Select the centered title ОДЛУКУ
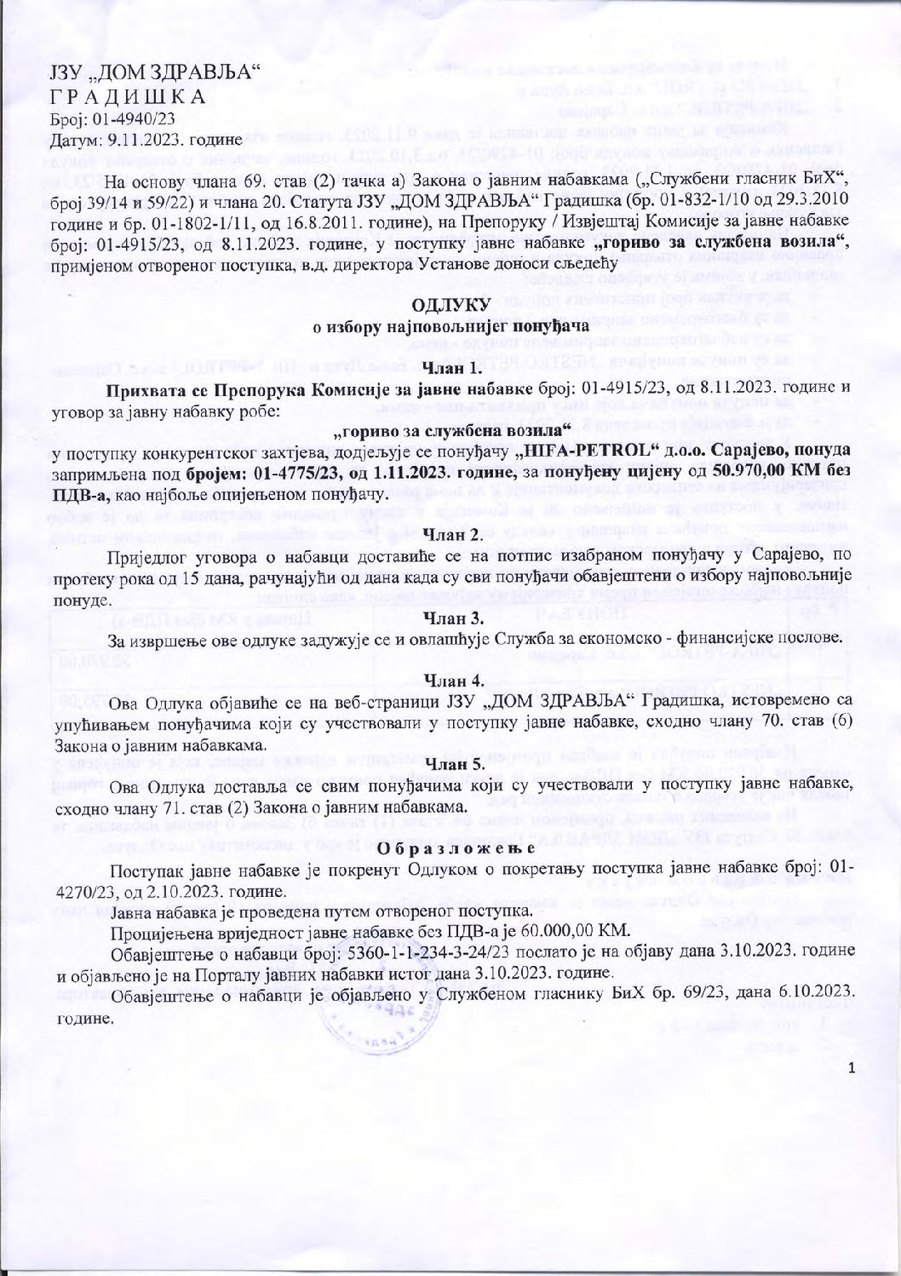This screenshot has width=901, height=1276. pos(450,306)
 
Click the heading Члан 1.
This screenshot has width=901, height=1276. pos(450,369)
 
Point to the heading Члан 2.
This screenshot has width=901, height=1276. pos(450,534)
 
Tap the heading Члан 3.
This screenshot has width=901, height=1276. pos(450,616)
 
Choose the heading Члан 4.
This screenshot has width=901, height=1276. pos(450,680)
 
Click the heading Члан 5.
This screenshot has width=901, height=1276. pos(450,764)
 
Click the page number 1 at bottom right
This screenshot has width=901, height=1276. pos(851,1066)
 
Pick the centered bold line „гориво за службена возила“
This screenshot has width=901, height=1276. pos(450,431)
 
